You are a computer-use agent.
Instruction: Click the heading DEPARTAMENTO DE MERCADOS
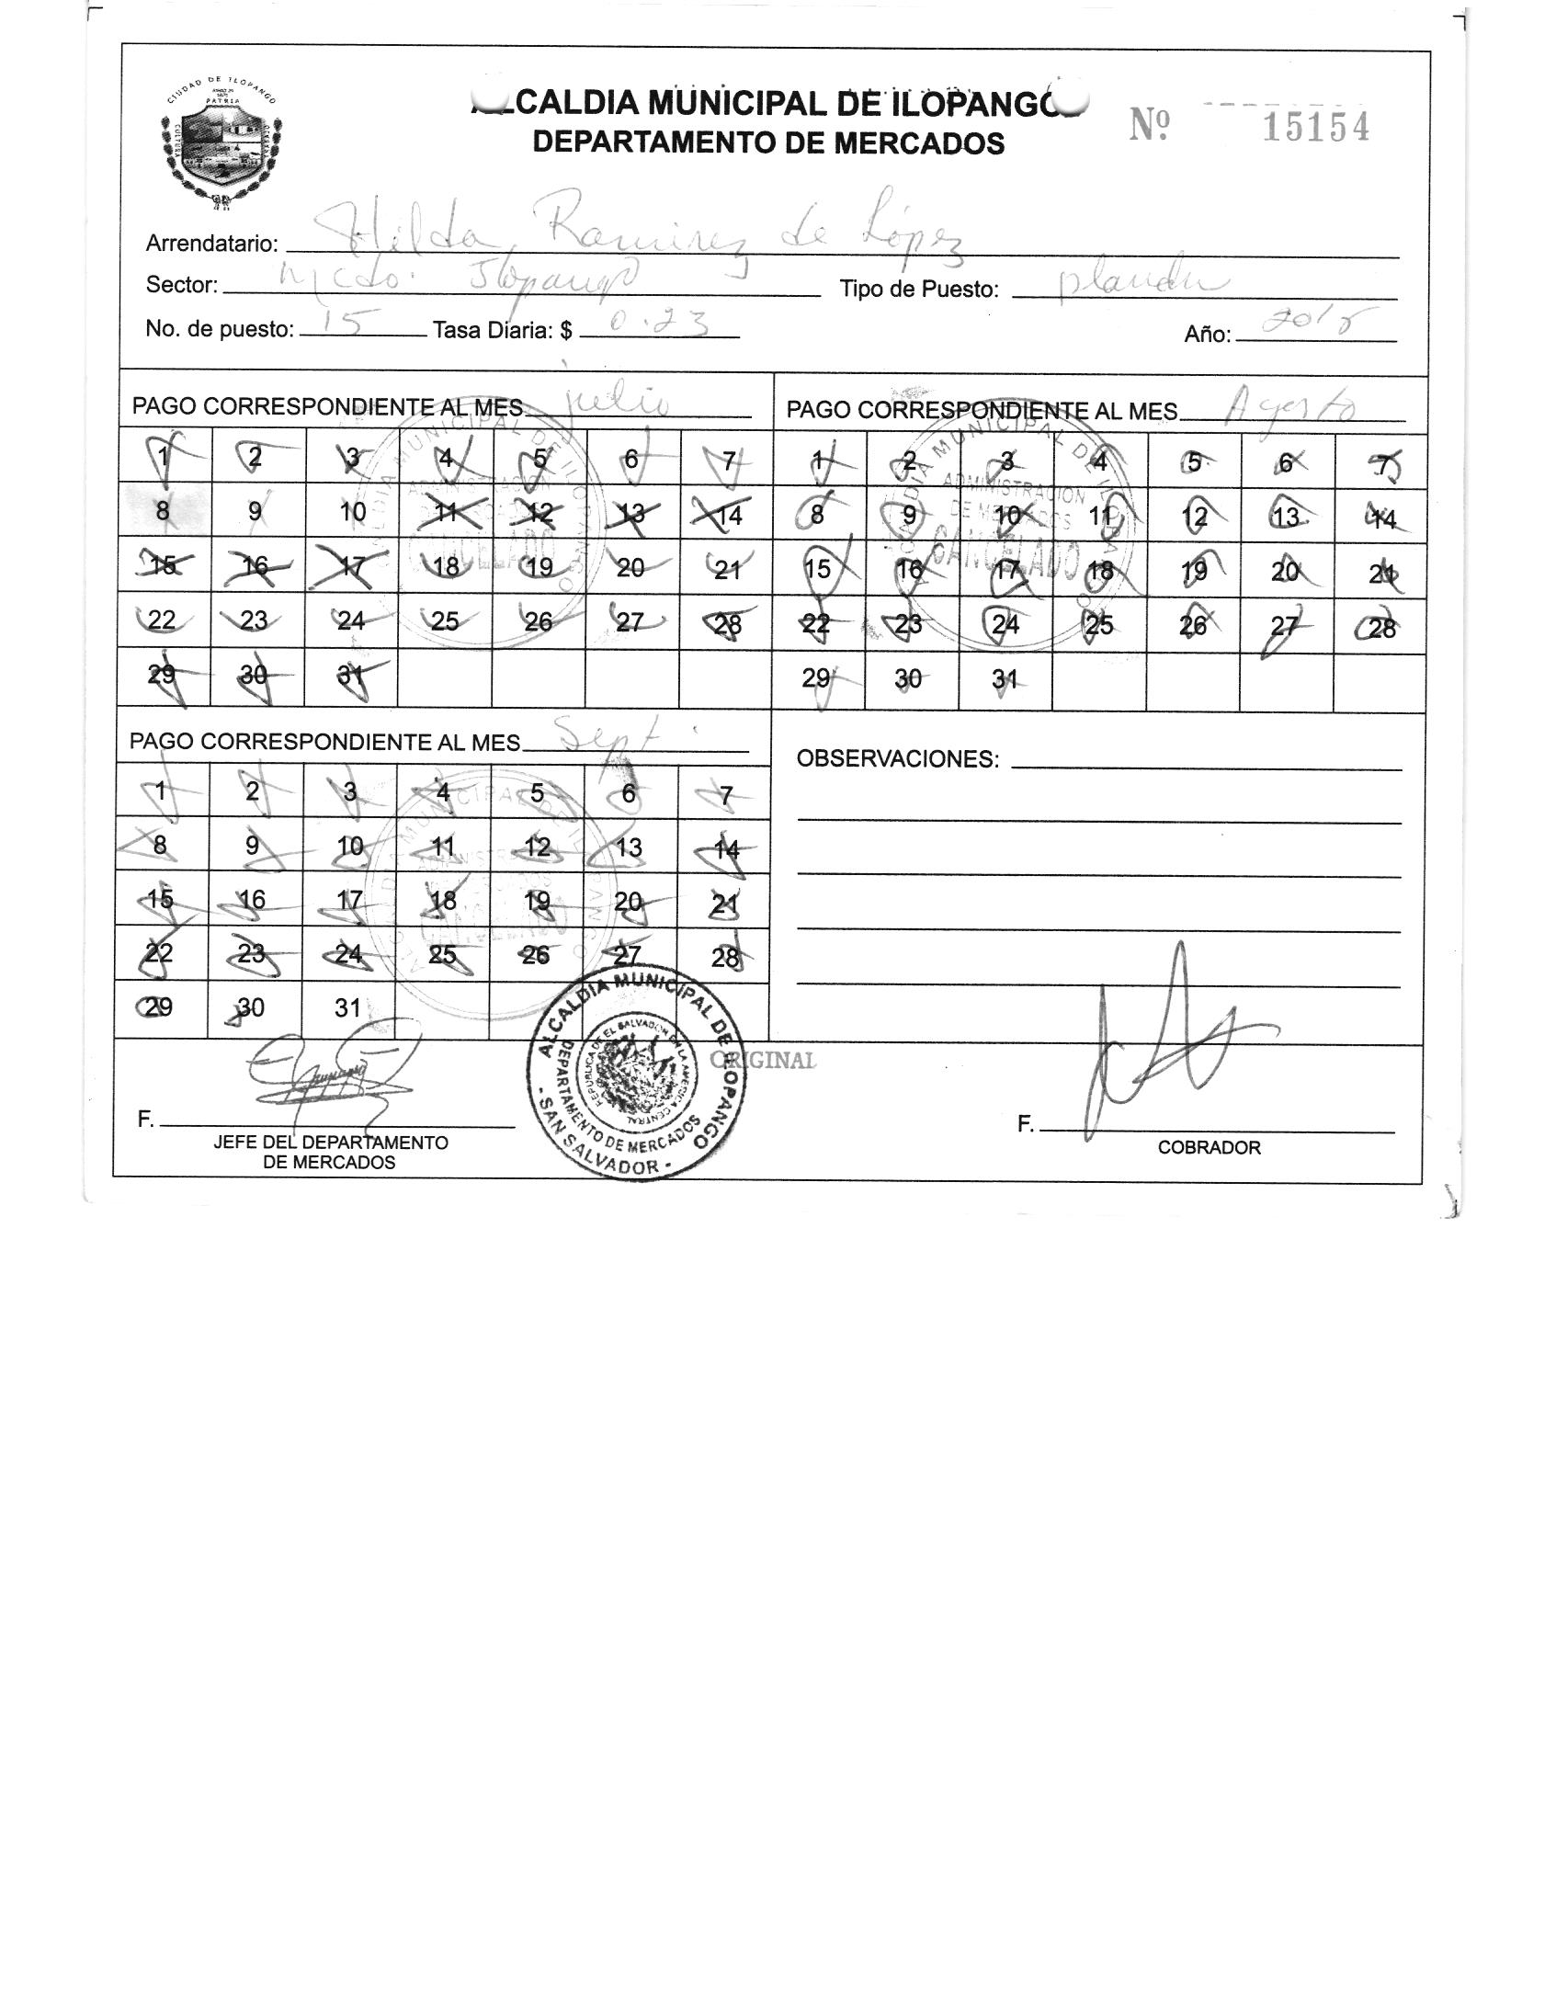point(768,143)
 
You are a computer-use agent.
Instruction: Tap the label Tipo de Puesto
point(918,290)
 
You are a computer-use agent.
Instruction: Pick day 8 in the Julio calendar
point(163,511)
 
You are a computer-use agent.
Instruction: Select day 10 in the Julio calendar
point(352,512)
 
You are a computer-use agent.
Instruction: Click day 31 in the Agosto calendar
point(1005,679)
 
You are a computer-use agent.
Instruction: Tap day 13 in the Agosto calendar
point(1286,517)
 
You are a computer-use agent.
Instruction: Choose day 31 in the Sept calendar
point(346,1008)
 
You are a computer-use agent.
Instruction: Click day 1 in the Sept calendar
point(161,790)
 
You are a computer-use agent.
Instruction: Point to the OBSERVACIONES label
point(896,759)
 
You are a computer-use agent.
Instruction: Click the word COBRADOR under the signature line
point(1209,1147)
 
